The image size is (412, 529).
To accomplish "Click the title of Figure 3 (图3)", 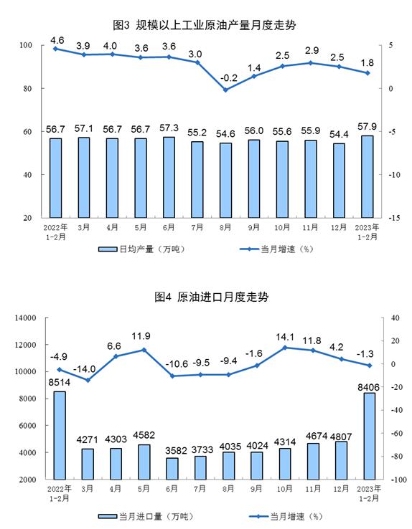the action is click(205, 25).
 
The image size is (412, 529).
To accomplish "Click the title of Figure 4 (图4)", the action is click(212, 297).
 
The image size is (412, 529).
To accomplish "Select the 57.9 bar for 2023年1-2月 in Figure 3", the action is click(367, 176).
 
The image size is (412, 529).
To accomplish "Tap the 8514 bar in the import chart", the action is click(60, 435).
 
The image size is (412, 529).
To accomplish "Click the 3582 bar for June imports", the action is click(172, 469).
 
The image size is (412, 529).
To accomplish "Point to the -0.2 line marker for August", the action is click(225, 90).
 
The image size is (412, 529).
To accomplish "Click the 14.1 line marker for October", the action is click(285, 348).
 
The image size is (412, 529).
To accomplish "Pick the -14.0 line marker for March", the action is click(88, 380).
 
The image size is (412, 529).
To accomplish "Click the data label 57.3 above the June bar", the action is click(169, 128).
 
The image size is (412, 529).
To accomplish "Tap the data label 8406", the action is click(368, 387).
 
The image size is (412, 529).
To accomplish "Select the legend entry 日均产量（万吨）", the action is click(142, 249).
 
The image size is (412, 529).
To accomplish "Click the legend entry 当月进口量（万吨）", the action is click(146, 517).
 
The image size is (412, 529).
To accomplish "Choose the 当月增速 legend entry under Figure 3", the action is click(277, 249).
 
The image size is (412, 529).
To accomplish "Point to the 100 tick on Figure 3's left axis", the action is click(26, 45).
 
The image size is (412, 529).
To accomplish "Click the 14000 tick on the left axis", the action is click(25, 318).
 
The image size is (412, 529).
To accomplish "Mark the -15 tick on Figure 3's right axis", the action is click(394, 218).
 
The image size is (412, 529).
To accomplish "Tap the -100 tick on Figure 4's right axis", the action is click(398, 480).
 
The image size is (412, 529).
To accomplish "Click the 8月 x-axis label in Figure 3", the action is click(225, 228).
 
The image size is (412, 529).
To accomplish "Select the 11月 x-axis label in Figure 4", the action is click(313, 489).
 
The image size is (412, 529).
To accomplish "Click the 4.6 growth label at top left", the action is click(57, 40).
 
